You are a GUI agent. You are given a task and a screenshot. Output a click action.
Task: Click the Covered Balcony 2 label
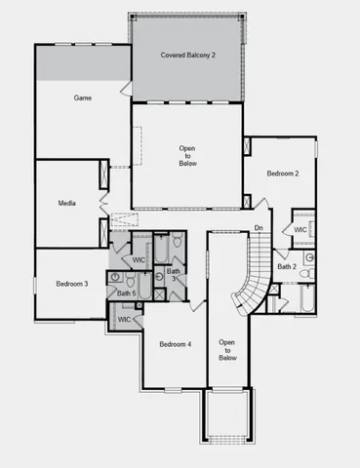pyautogui.click(x=187, y=56)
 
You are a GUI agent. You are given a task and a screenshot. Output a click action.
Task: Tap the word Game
pyautogui.click(x=83, y=98)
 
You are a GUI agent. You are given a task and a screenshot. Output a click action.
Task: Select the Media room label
pyautogui.click(x=67, y=205)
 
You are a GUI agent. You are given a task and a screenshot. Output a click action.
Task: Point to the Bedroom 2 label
pyautogui.click(x=283, y=174)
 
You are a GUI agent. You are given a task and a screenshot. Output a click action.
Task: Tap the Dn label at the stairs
pyautogui.click(x=259, y=228)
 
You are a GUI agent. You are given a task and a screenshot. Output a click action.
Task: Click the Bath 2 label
pyautogui.click(x=286, y=266)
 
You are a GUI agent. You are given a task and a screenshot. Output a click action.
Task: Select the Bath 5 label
pyautogui.click(x=126, y=292)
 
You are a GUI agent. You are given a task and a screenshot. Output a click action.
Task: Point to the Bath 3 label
pyautogui.click(x=173, y=275)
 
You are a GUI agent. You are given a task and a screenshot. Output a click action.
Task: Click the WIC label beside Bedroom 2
pyautogui.click(x=300, y=230)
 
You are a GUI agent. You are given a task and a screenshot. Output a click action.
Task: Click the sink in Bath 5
pyautogui.click(x=116, y=276)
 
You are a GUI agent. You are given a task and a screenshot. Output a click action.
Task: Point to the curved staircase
pyautogui.click(x=255, y=278)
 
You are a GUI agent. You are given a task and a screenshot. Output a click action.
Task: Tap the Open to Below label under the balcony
pyautogui.click(x=187, y=155)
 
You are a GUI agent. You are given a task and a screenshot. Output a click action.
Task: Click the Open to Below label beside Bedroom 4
pyautogui.click(x=227, y=349)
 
